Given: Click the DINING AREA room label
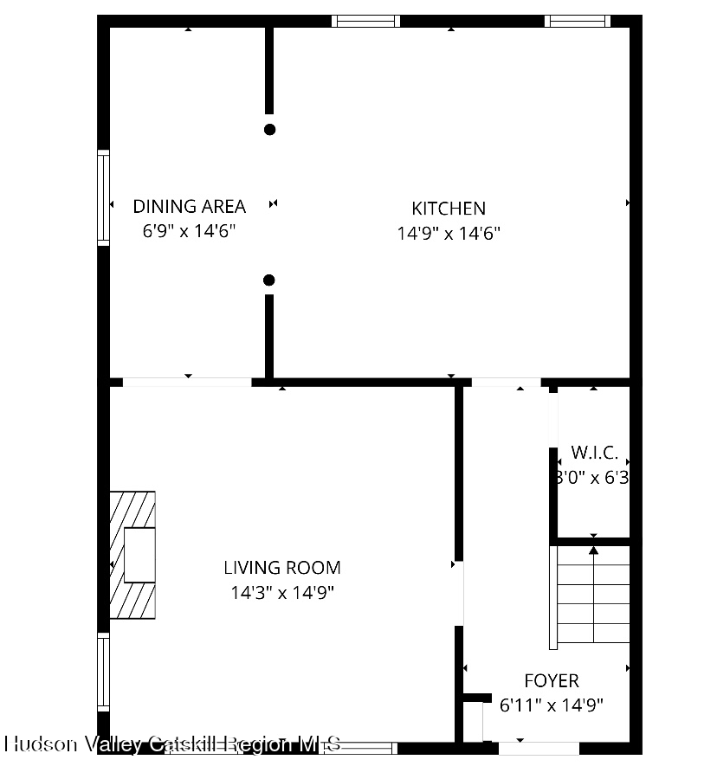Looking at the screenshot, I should point(189,206).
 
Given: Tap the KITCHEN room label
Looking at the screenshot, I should point(448,208).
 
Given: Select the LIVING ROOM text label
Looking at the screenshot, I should point(282,568).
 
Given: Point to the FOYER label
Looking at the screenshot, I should point(552,680).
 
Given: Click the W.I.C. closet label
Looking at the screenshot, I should point(595,453).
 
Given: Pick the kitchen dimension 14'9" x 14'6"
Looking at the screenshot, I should point(449,233).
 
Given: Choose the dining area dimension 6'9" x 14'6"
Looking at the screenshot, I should point(189,231).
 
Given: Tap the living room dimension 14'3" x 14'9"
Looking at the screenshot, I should point(282,593).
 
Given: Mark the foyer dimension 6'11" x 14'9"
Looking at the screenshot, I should point(552,705).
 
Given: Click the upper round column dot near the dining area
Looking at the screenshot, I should point(269,130).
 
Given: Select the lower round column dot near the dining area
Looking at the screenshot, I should point(269,280).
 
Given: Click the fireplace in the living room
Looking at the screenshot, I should point(132,555).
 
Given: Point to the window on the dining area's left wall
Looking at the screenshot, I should point(104,197).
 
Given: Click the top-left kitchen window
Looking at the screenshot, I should point(365,21).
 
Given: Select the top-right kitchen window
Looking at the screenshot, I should point(577,21).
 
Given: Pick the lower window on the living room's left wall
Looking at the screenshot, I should point(104,672).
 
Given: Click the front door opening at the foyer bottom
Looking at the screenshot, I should point(538,748).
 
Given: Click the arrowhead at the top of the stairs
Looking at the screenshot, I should point(593,549).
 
